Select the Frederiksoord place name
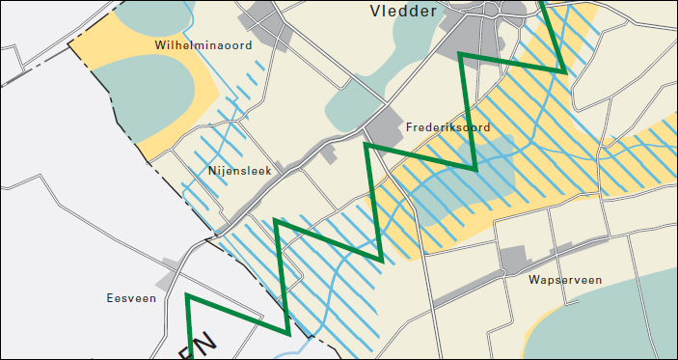point(448,127)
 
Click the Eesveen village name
point(131,299)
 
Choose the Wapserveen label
point(565,281)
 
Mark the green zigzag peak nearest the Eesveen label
point(187,295)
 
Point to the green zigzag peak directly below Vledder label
point(460,54)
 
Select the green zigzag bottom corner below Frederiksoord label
point(475,170)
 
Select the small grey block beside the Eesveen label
point(170,280)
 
